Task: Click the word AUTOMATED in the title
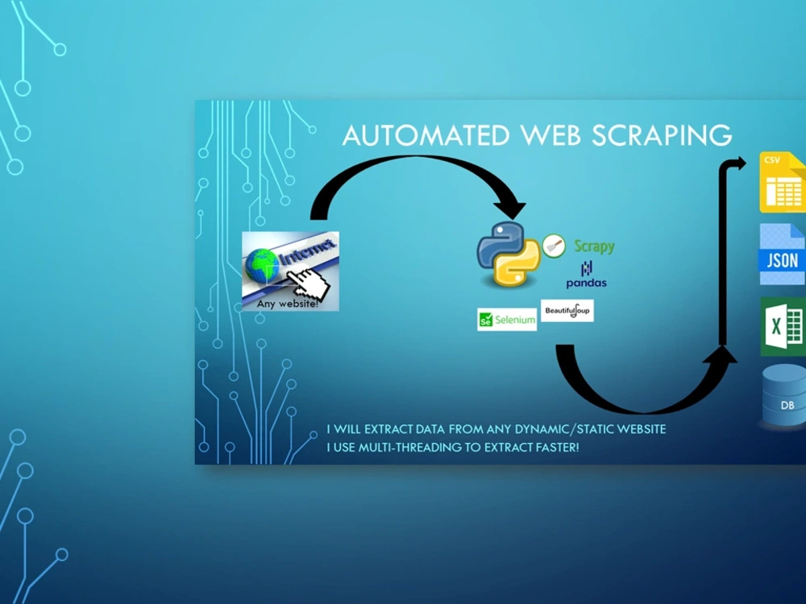[x=426, y=135]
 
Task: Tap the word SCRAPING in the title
[x=661, y=135]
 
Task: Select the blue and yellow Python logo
[x=509, y=254]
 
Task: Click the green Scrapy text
[x=594, y=246]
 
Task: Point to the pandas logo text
[x=587, y=283]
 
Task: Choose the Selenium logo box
[x=507, y=320]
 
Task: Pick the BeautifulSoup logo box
[x=567, y=311]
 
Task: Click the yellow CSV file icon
[x=783, y=182]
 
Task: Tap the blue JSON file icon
[x=783, y=254]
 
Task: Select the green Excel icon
[x=783, y=327]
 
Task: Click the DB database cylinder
[x=784, y=395]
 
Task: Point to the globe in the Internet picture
[x=262, y=266]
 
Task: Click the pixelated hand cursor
[x=309, y=283]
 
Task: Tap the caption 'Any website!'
[x=288, y=304]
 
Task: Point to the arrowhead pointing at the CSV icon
[x=739, y=163]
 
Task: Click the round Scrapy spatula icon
[x=554, y=246]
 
